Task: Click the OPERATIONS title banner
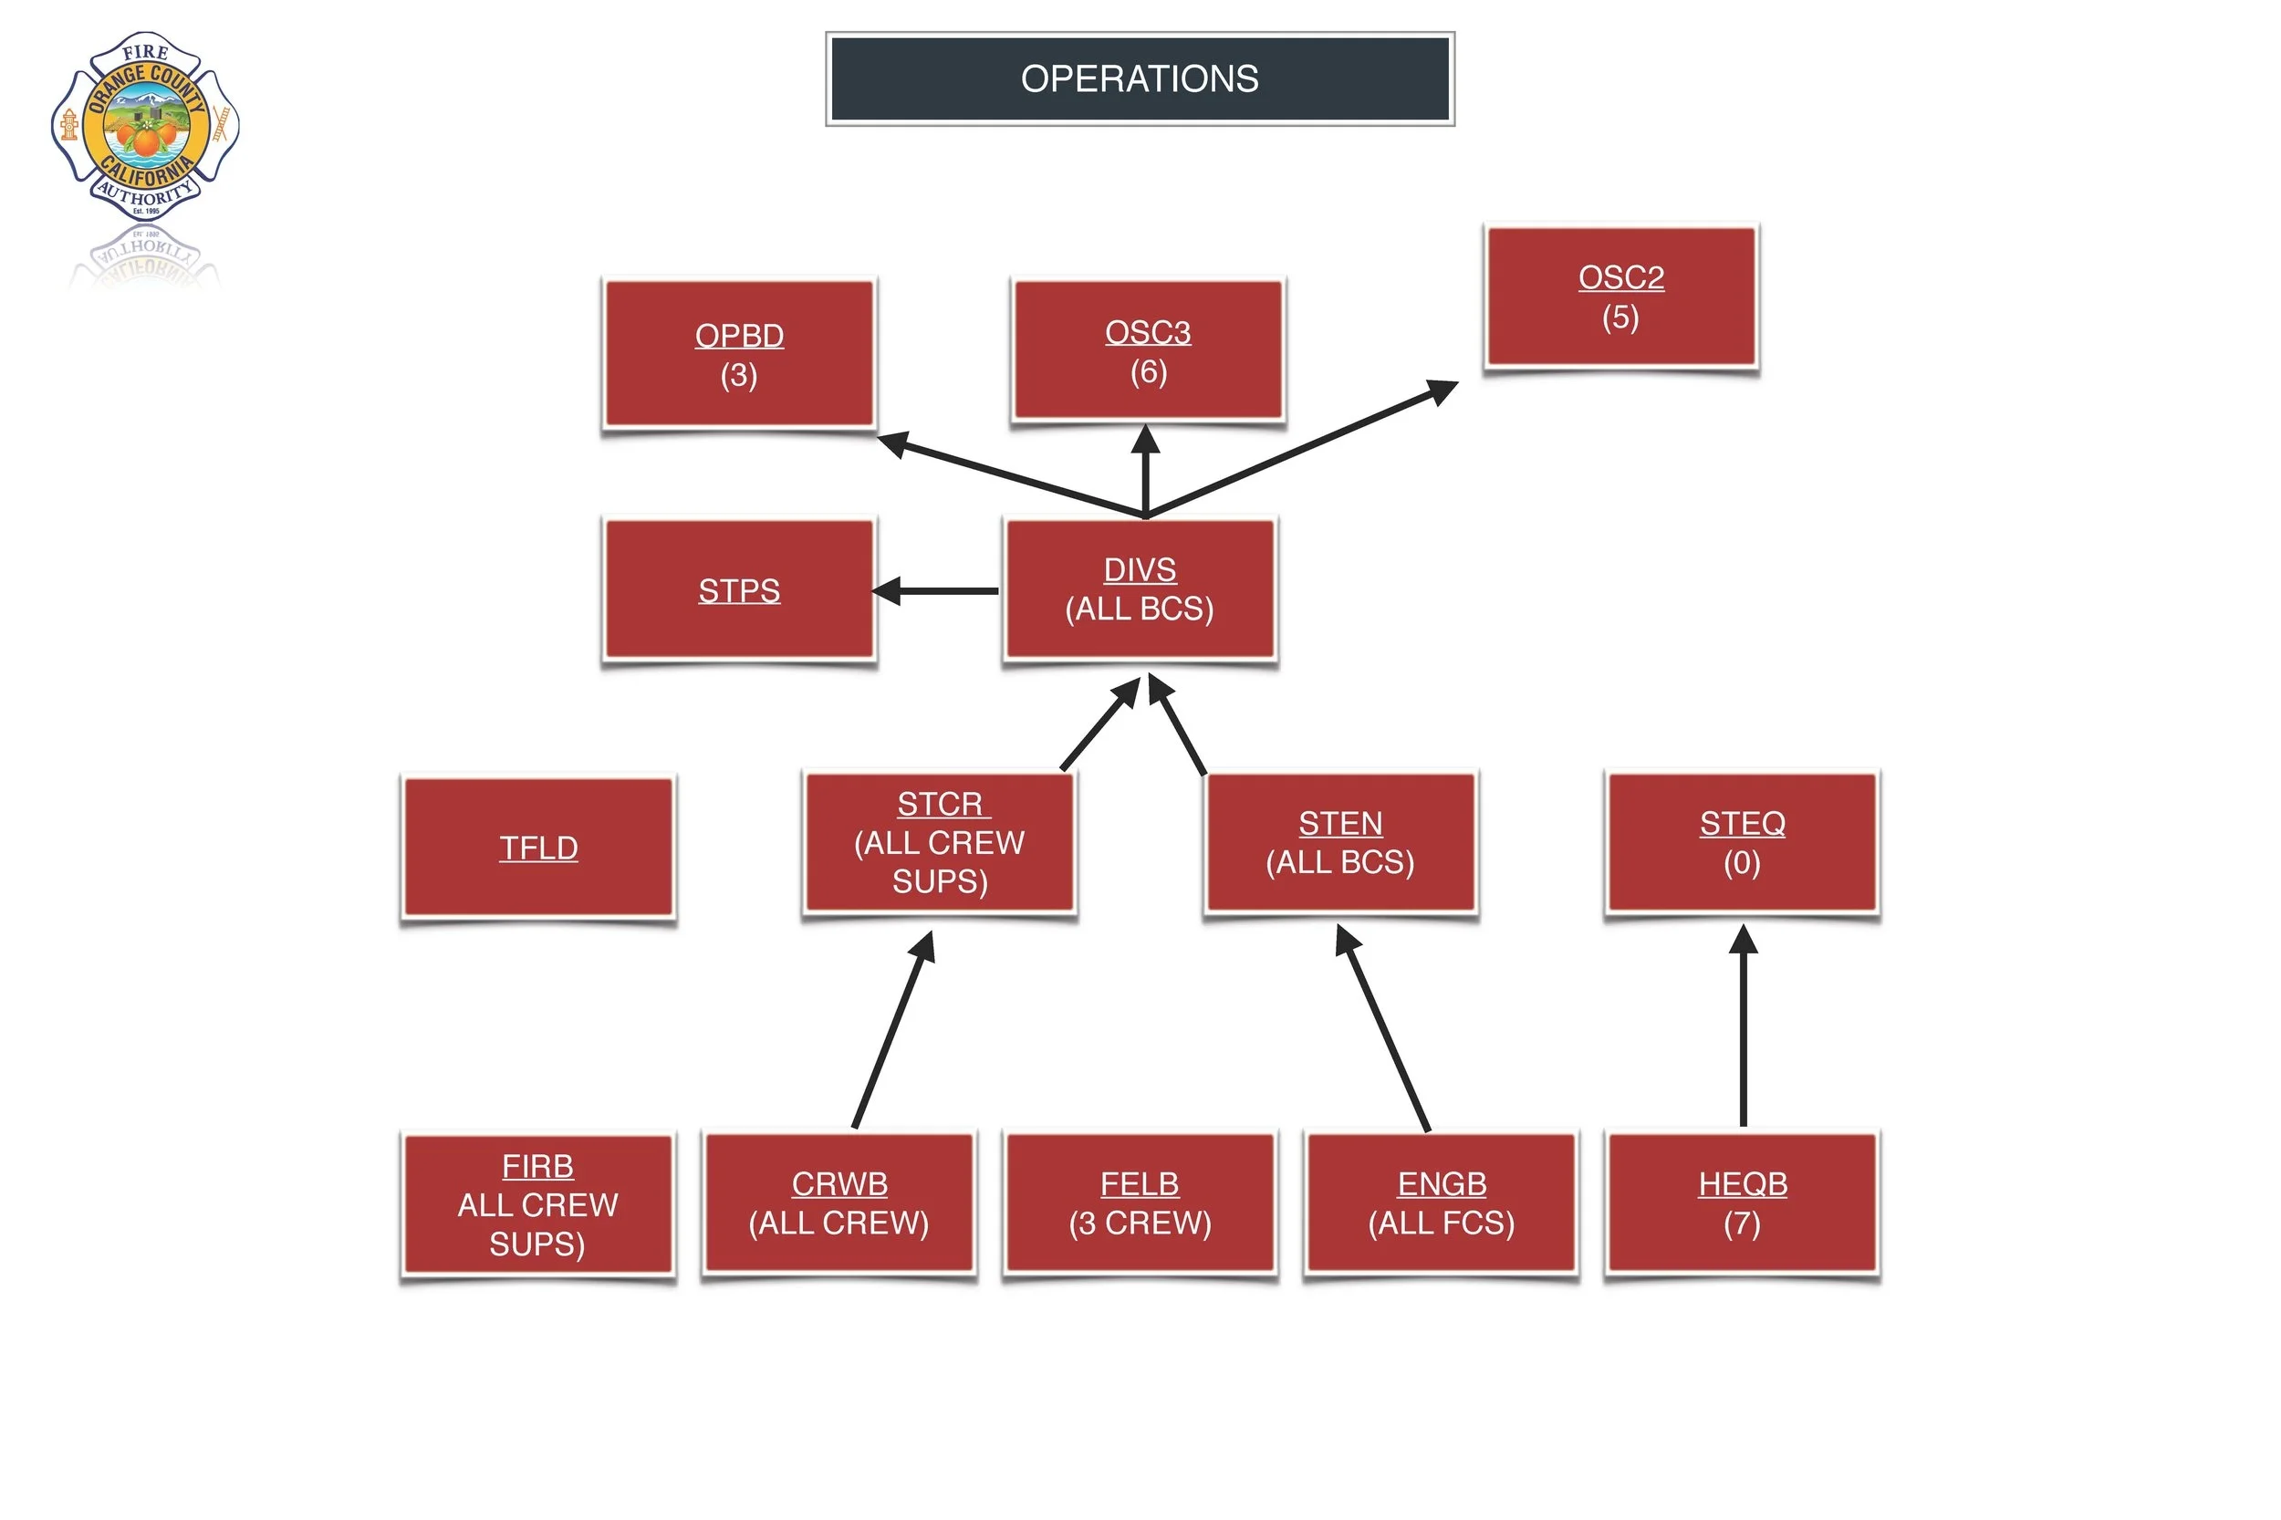coord(1139,78)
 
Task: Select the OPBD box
coord(739,354)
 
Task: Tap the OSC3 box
coord(1147,351)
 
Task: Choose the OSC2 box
coord(1620,297)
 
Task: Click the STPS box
coord(739,589)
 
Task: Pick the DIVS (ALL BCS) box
coord(1139,589)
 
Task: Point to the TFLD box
coord(538,848)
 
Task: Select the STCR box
coord(938,842)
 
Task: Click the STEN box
coord(1339,842)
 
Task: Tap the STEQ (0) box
coord(1741,842)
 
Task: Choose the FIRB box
coord(538,1204)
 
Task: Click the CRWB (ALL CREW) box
coord(838,1203)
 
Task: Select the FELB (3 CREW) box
coord(1139,1203)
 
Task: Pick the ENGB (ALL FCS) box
coord(1441,1203)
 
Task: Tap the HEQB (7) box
coord(1741,1203)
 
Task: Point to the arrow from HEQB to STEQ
coord(1742,1027)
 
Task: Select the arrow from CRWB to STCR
coord(891,1033)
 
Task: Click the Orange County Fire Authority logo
coord(145,126)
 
